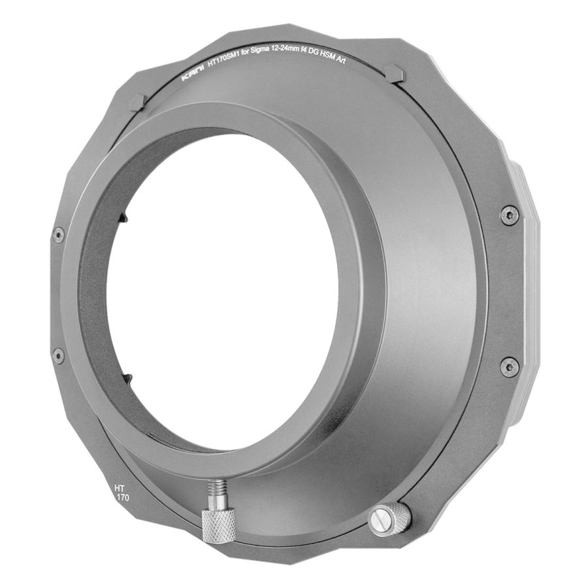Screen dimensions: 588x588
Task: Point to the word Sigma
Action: [x=270, y=59]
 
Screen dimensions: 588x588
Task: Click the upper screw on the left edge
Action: [x=58, y=235]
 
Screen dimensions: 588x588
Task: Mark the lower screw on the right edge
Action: [x=509, y=367]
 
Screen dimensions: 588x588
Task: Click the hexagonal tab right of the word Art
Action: [x=395, y=73]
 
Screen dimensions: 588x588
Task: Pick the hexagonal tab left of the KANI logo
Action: [x=138, y=102]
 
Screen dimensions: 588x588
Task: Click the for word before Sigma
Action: [x=252, y=61]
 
